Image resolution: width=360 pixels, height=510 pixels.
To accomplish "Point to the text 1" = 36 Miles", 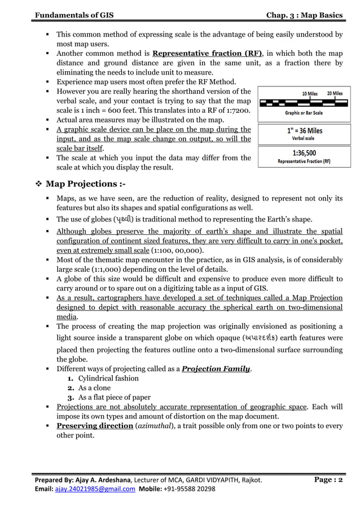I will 303,130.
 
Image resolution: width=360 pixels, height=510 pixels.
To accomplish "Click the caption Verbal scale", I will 303,138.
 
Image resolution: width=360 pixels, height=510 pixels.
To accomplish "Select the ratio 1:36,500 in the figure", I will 303,153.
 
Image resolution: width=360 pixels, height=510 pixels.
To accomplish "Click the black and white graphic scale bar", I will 303,103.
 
